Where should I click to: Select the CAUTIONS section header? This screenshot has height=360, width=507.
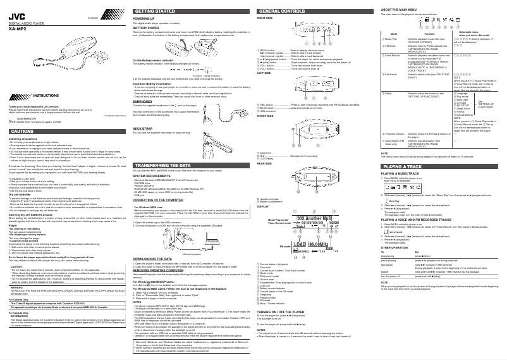click(21, 131)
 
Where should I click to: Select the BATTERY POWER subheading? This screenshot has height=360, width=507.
click(145, 28)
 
